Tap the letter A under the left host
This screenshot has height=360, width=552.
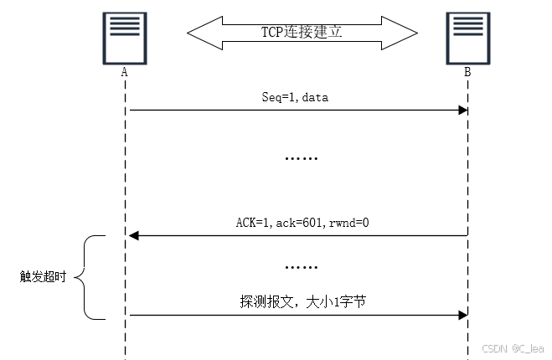point(124,73)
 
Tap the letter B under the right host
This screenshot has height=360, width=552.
point(467,73)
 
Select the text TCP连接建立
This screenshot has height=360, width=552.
point(302,32)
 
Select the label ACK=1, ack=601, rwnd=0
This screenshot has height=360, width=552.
point(302,223)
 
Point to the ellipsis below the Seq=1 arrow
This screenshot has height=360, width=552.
point(302,157)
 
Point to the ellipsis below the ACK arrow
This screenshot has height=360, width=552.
point(302,266)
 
